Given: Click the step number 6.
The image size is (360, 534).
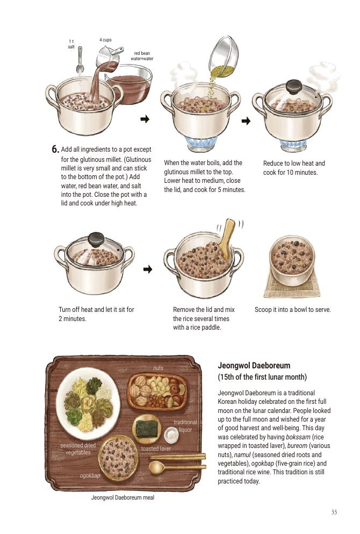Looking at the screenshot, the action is tap(55, 149).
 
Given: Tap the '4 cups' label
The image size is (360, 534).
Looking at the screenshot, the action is tap(105, 40).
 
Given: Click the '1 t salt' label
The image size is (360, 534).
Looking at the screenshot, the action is tap(71, 44).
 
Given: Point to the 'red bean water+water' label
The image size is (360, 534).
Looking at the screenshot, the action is tap(142, 56).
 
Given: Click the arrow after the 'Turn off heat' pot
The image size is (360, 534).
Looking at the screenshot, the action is tap(147, 269).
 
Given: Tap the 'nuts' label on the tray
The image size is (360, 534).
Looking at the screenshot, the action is tap(158, 368).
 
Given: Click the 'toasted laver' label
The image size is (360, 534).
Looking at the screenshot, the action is tap(156, 448).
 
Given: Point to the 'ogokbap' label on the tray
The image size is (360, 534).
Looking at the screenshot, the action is tap(90, 475).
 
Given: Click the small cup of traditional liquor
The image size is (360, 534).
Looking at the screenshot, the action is tap(171, 435).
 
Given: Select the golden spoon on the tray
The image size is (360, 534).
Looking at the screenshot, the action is tap(177, 467).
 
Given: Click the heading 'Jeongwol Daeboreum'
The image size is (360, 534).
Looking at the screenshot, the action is tap(254, 366).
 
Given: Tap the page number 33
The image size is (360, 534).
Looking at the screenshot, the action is tap(334, 512).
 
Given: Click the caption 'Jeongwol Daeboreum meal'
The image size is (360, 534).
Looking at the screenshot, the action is tap(123, 497).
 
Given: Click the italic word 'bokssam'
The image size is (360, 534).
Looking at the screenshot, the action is tap(298, 437).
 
